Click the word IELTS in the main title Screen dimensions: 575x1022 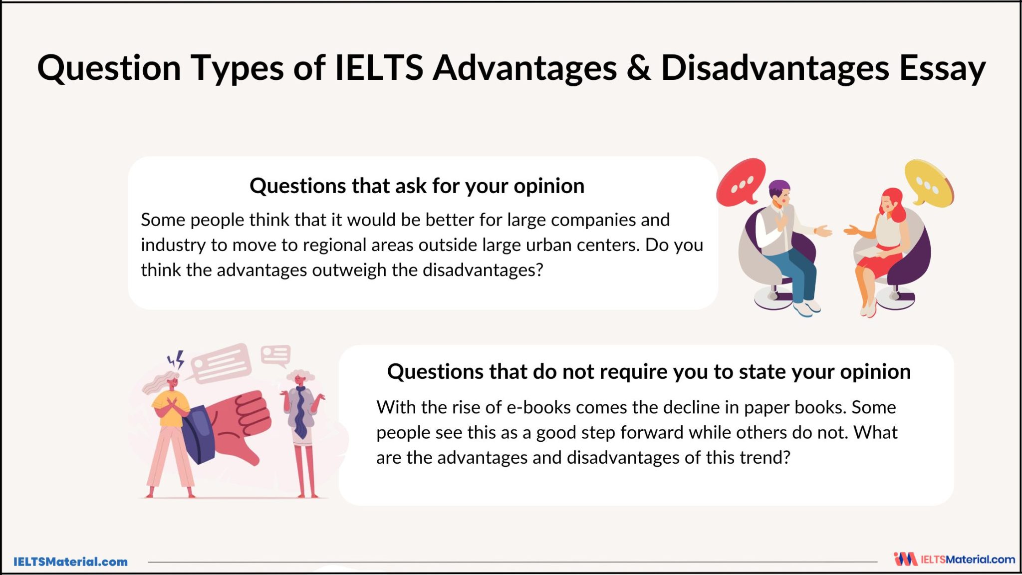click(379, 68)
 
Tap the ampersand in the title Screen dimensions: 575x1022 click(638, 68)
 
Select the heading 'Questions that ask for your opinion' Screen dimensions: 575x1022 click(417, 186)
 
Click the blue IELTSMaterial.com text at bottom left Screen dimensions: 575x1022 click(70, 562)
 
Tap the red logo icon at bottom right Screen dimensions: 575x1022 click(905, 559)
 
